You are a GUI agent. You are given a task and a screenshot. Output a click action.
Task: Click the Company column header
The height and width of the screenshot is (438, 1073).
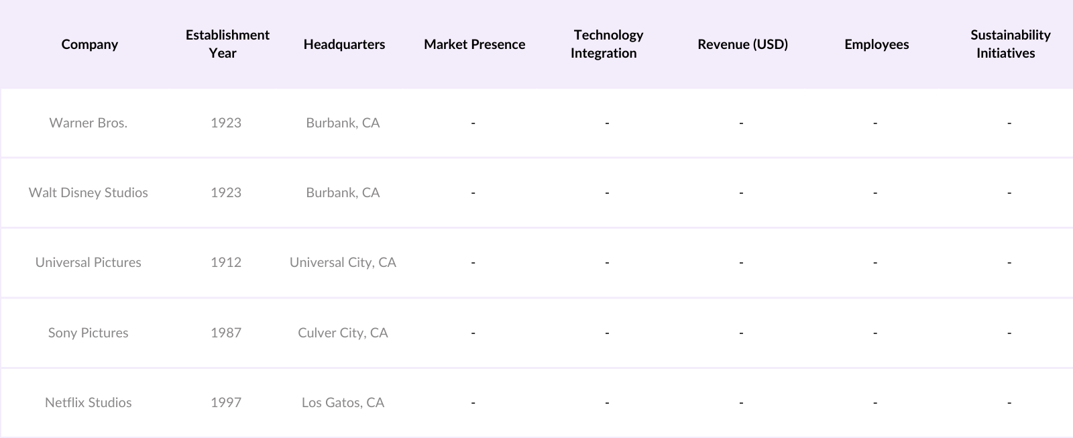point(89,44)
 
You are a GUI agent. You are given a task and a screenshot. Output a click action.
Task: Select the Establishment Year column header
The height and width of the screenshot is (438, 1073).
point(227,44)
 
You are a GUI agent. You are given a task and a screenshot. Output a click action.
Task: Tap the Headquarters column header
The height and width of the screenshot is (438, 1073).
point(344,44)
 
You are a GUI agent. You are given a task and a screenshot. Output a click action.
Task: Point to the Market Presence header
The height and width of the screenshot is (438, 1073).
point(474,44)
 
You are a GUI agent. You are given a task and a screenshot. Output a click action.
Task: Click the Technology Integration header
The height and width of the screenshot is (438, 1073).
point(607,44)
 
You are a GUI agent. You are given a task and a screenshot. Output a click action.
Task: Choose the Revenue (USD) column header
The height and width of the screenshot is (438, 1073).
point(742,44)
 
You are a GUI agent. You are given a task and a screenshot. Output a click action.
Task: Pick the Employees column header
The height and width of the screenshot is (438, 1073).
point(877,44)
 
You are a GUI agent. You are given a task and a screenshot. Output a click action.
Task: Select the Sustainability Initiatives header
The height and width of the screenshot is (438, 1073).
point(1009,44)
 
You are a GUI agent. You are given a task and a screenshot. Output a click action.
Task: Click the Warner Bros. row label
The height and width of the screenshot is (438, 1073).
point(89,123)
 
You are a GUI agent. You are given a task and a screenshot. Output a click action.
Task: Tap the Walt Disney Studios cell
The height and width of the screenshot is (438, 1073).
point(89,193)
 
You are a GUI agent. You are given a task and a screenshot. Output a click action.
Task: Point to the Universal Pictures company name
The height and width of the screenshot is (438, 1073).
point(89,262)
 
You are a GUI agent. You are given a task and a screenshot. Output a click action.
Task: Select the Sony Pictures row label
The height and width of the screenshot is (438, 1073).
point(89,333)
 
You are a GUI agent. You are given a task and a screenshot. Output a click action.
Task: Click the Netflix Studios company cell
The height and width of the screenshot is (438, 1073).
point(89,402)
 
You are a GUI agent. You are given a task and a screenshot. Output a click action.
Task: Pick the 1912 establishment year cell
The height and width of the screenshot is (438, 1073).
point(226,262)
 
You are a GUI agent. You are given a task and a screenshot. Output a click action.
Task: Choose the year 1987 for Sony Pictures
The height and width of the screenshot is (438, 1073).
point(226,333)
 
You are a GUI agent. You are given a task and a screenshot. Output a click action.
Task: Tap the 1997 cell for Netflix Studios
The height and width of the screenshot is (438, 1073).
point(226,402)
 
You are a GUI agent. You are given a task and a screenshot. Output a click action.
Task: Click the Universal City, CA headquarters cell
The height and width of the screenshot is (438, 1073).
point(343,262)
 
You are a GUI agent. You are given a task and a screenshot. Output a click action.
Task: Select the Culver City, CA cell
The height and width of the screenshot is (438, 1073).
point(343,333)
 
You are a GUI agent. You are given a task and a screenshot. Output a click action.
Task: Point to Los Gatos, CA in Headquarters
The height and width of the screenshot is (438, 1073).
point(343,402)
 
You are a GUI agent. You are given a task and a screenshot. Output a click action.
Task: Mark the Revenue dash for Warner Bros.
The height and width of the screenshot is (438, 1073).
point(741,123)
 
